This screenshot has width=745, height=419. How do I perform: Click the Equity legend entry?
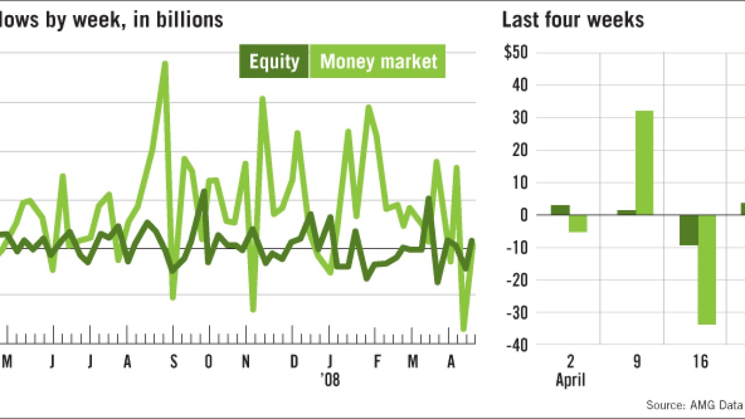pos(274,61)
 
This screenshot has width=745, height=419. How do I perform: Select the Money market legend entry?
pos(378,61)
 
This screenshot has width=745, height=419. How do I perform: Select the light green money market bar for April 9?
pos(644,163)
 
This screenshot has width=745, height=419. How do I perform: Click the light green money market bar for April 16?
pos(707,269)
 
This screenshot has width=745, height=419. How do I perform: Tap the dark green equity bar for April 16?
pos(689,230)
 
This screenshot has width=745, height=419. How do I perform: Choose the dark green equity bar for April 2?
pos(560,210)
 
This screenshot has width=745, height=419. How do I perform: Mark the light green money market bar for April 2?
pos(578,223)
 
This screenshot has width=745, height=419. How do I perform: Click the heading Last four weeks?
pos(573,20)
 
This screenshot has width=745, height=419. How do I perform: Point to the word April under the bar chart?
pos(570,381)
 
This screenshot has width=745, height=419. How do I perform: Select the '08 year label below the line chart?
pos(330,381)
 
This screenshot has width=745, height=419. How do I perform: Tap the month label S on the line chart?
pos(173,363)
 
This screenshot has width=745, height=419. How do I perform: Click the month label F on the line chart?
pos(377,363)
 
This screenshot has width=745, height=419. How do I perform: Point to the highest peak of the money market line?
pos(165,63)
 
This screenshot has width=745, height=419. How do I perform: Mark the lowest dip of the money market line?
pos(464,330)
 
